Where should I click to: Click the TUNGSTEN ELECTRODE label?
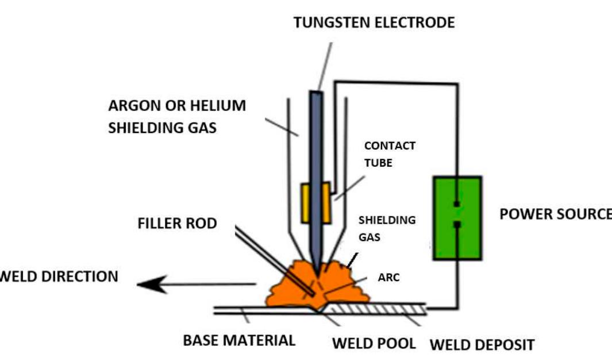click(374, 22)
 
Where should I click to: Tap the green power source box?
click(457, 217)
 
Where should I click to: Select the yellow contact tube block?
click(316, 202)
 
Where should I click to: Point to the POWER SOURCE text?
click(555, 214)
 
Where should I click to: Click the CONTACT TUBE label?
click(389, 154)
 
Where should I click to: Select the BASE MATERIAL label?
click(239, 340)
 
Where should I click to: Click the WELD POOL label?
click(374, 343)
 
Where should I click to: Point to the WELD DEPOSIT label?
click(482, 345)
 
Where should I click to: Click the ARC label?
click(388, 277)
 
